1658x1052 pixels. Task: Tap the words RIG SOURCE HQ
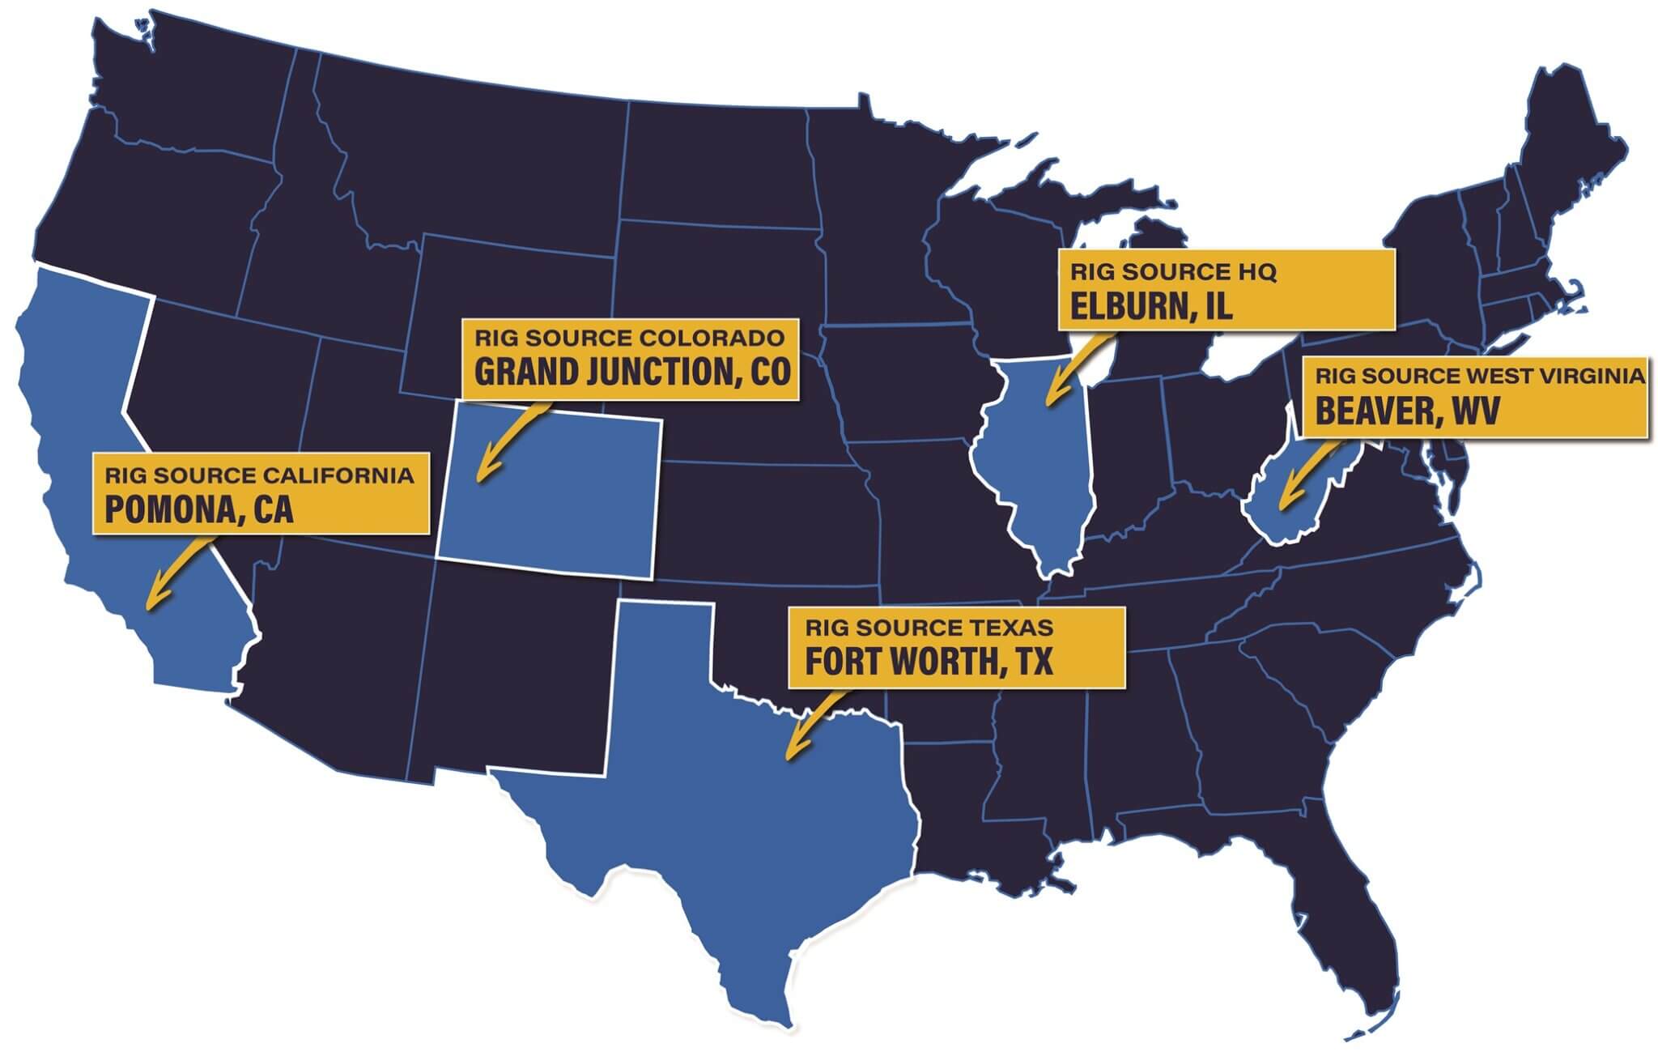pos(1173,272)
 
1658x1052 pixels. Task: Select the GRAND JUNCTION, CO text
pos(631,373)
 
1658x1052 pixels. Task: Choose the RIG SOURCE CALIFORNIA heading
pos(259,475)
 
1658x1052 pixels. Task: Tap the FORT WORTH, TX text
pos(929,662)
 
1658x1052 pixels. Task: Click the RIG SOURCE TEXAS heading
pos(929,628)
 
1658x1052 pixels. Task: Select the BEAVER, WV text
pos(1407,411)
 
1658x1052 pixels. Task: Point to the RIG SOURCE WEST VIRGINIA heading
pos(1479,377)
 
